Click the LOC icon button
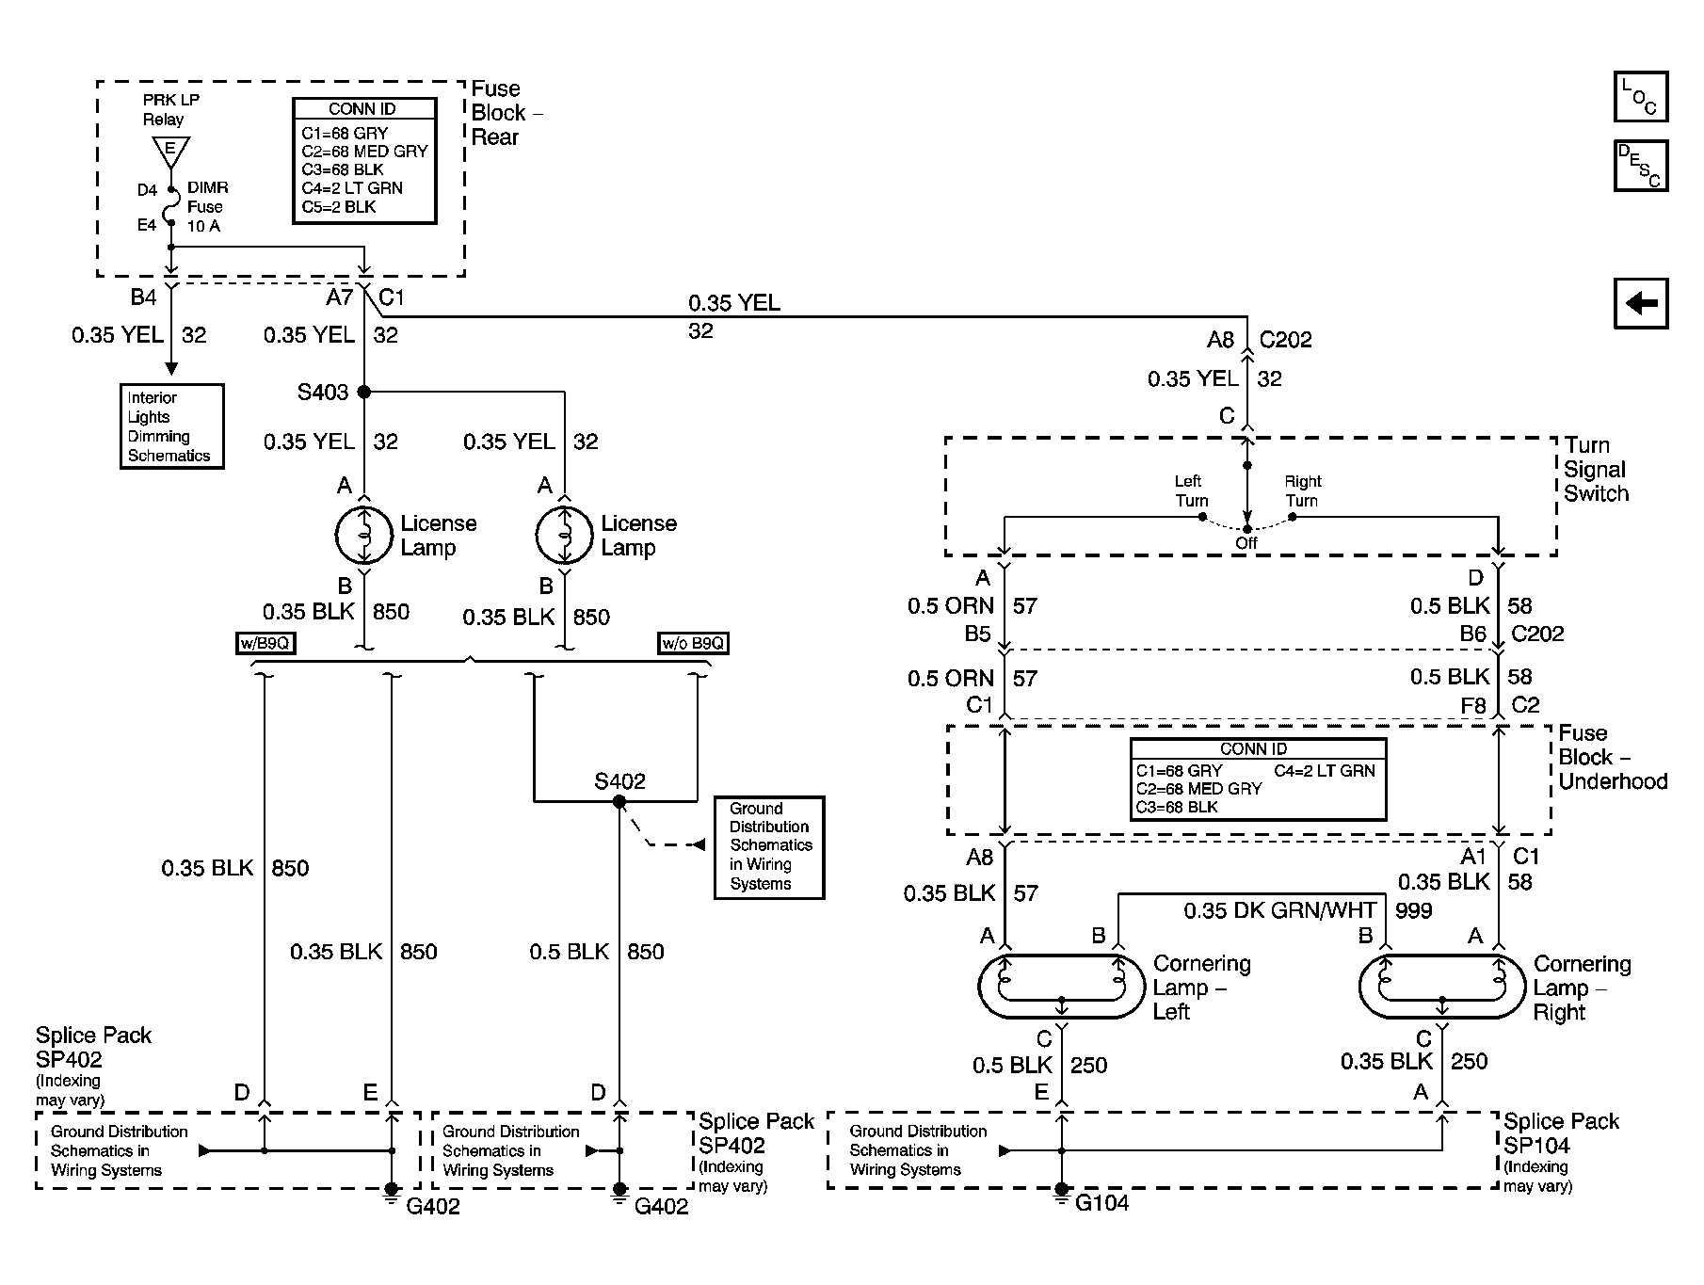(1641, 97)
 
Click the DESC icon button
(1641, 166)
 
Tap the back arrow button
(1641, 303)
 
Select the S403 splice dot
(364, 392)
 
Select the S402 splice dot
(619, 802)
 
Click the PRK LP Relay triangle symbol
(170, 152)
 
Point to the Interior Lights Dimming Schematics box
(172, 426)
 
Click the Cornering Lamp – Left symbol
(1061, 987)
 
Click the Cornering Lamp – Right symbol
(1441, 987)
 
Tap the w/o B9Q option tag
(694, 644)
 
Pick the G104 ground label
(1101, 1203)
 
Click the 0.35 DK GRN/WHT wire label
(1280, 910)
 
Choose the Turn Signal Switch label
(1596, 469)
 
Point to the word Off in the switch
(1246, 543)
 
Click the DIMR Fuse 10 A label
(206, 207)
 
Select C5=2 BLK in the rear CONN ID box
(339, 207)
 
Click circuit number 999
(1413, 910)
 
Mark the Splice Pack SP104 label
(1560, 1133)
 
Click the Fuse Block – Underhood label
(1612, 757)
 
